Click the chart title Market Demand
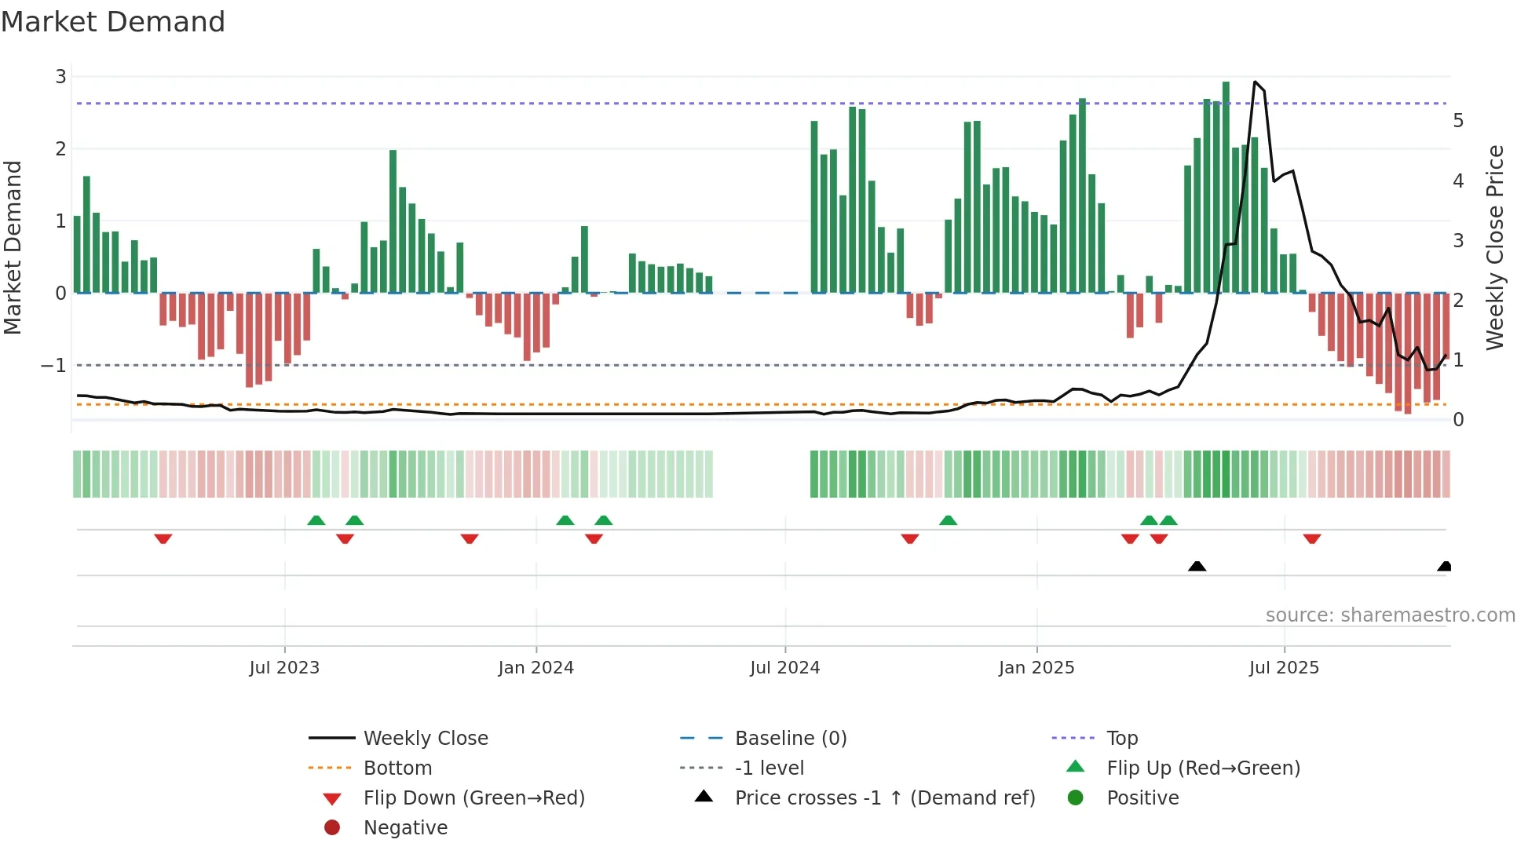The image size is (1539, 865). (x=113, y=21)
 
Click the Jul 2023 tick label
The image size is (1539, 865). (x=284, y=668)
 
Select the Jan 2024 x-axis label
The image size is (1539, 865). (x=536, y=668)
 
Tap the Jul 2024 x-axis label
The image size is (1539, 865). (x=784, y=668)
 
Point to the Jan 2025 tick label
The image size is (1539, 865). (x=1036, y=668)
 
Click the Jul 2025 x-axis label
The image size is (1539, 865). (x=1284, y=668)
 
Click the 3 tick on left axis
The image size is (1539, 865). (x=60, y=77)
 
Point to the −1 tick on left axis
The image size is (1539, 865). (x=53, y=366)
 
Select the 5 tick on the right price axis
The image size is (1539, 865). (x=1458, y=121)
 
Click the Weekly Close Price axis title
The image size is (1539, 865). (x=1495, y=247)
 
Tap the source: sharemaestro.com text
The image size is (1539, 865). (x=1390, y=615)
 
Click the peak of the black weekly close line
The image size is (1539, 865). (x=1255, y=82)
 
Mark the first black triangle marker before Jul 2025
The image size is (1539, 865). (x=1197, y=566)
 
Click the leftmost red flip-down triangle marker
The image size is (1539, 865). (x=163, y=538)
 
